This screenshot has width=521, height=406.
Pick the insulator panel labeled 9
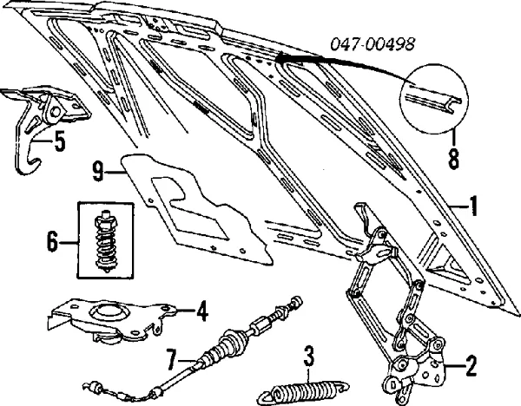(195, 204)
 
